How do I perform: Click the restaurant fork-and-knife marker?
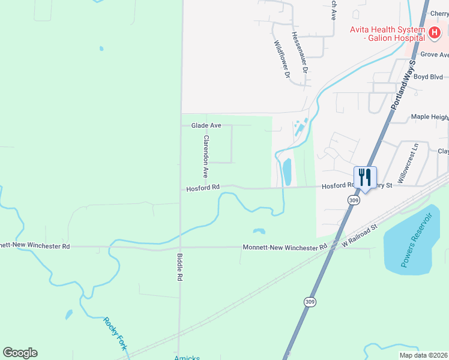tap(365, 178)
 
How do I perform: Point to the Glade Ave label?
tap(206, 125)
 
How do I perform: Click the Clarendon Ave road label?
tap(206, 156)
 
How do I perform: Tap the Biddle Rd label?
tap(179, 268)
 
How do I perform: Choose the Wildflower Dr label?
tap(282, 60)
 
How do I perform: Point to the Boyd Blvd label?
tap(428, 77)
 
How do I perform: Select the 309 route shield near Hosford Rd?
tap(354, 200)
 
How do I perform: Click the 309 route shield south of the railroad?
tap(309, 301)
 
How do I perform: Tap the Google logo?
tap(20, 353)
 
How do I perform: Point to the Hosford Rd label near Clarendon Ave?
tap(203, 188)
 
